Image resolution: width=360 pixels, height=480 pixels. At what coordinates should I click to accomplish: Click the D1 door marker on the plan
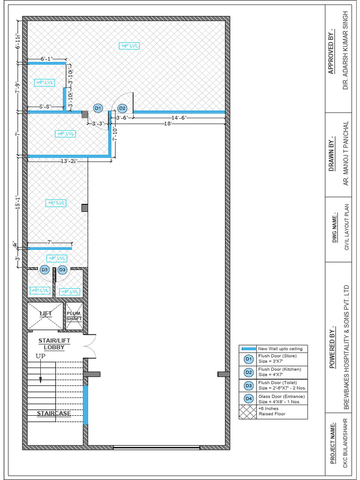97,108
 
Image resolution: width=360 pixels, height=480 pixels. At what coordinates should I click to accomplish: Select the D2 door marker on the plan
122,108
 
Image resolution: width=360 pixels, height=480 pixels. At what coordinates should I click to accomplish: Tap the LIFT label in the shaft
45,313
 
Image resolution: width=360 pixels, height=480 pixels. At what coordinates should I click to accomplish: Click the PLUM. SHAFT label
74,316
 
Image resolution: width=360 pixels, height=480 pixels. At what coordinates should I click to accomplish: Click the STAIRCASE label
54,413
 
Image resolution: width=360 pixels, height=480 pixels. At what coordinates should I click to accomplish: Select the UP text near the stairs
41,356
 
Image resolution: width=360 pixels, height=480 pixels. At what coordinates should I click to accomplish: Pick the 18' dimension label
167,124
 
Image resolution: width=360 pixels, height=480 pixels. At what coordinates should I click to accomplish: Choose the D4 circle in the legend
248,399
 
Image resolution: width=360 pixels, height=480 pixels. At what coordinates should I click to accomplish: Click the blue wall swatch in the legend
248,349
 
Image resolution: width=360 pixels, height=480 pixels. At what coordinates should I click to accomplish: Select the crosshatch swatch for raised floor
248,412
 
